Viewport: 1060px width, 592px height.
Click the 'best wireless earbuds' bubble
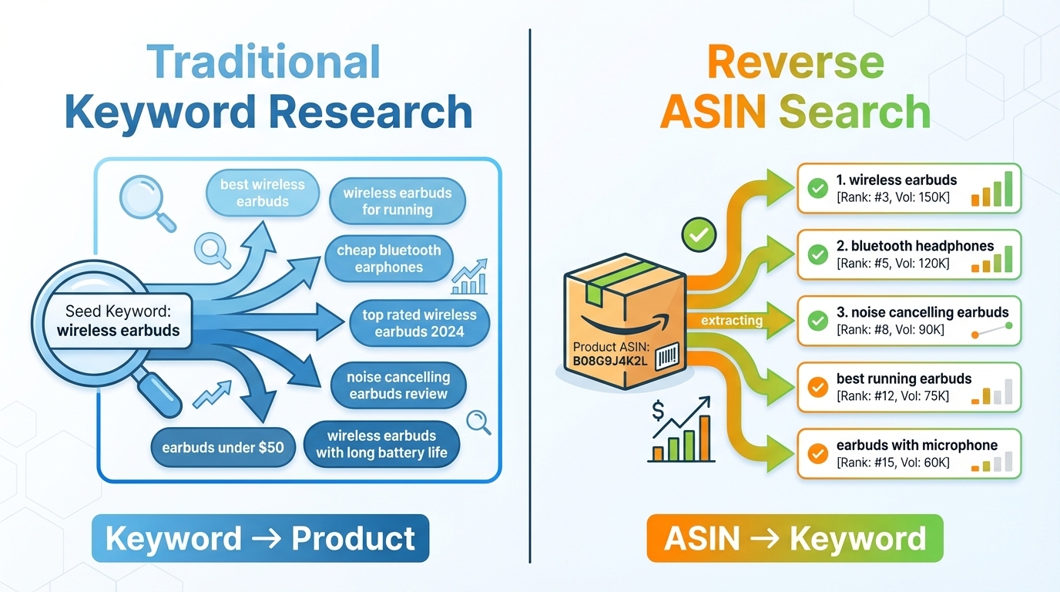262,193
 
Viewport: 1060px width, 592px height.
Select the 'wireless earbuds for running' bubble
397,201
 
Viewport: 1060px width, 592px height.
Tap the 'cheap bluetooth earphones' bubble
389,259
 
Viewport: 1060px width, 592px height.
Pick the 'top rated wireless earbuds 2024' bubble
419,323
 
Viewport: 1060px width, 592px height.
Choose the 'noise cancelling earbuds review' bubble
397,385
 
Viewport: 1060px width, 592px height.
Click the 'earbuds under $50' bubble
223,447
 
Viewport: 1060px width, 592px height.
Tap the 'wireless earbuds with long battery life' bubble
381,444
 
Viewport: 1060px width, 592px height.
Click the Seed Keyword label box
118,321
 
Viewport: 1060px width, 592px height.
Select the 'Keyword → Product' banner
260,538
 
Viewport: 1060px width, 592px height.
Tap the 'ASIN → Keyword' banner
794,538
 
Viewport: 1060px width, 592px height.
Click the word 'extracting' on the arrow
732,320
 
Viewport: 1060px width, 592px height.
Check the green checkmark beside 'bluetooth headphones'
817,254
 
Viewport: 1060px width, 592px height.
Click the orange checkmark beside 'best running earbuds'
817,387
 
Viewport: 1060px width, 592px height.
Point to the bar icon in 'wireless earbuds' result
992,190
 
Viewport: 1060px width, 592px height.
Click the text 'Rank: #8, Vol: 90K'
890,330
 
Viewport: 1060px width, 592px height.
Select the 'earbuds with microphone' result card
908,453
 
